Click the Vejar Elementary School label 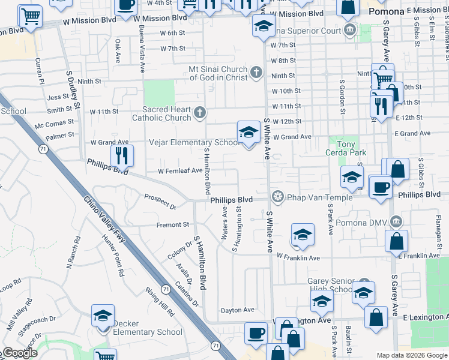(194, 143)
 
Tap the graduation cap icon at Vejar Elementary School (249, 133)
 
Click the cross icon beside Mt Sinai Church (256, 73)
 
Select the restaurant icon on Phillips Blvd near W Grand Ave (122, 156)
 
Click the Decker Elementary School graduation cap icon (103, 316)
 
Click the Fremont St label (173, 225)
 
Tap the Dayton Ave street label (238, 310)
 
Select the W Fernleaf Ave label (180, 171)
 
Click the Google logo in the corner (20, 353)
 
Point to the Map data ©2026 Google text (412, 355)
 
